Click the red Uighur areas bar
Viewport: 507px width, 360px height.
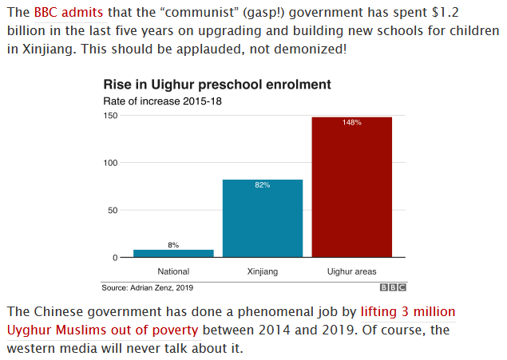pos(351,187)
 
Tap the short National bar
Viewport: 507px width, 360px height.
pos(173,253)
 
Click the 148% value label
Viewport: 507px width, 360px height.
pos(351,122)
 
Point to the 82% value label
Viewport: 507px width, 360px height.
pos(262,185)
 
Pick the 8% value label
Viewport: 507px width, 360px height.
pos(173,244)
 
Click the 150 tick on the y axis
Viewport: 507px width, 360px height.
pos(111,116)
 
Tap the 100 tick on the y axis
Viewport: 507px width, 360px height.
pos(111,163)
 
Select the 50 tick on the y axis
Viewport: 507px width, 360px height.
pos(113,210)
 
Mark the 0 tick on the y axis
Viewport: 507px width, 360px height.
pos(115,257)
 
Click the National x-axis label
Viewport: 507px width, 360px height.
pos(173,271)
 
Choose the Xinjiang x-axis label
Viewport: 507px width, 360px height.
pos(262,271)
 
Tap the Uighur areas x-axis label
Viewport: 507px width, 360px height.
pos(351,271)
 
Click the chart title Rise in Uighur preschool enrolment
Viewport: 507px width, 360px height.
pos(216,85)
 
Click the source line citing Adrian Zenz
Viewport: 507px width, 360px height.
pos(148,287)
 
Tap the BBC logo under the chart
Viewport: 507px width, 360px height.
pos(393,287)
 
